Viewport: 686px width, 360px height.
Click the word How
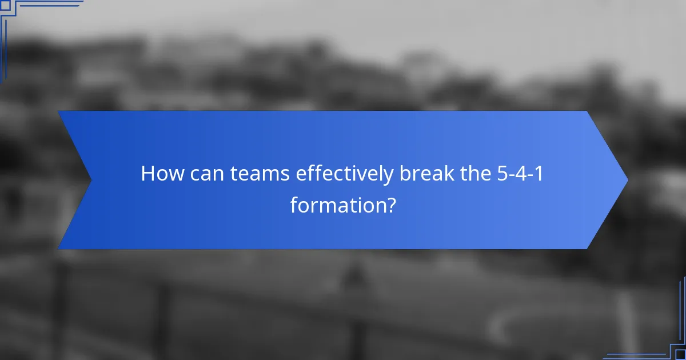coord(159,174)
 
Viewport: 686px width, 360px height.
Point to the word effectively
coord(345,174)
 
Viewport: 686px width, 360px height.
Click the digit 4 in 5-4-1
coord(521,174)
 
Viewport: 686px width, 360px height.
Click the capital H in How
coord(148,174)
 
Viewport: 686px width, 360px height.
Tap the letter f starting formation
coord(294,205)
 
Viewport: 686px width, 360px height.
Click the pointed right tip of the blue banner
coord(627,180)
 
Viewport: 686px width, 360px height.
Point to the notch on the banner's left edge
coord(91,180)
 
